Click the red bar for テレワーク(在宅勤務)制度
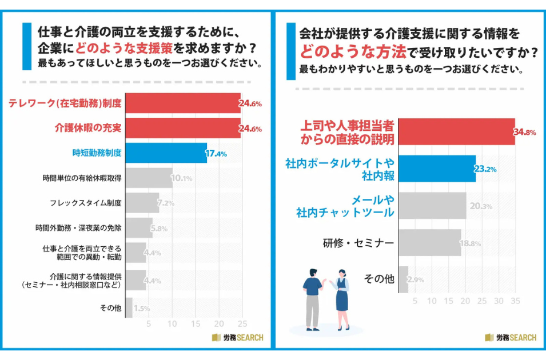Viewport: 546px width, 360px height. point(183,103)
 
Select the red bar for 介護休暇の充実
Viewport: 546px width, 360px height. point(183,128)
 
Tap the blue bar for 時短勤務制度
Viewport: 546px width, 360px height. point(166,153)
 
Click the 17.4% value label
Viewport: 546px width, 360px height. point(217,154)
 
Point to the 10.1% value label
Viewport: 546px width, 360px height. point(182,179)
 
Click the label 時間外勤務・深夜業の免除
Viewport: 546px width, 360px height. point(78,227)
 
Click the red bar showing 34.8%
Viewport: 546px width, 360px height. point(456,132)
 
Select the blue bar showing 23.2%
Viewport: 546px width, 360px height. point(437,169)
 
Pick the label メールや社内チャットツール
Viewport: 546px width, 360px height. point(345,206)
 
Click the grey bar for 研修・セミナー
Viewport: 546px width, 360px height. point(429,243)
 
